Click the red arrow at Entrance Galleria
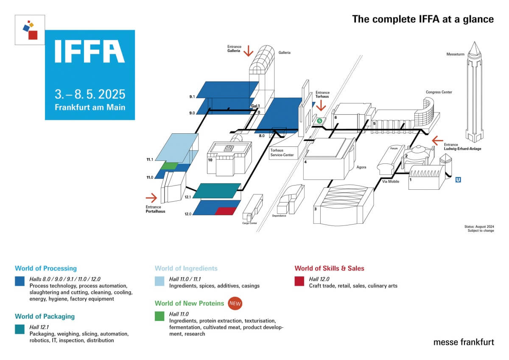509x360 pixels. click(248, 51)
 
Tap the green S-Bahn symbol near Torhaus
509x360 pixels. click(319, 121)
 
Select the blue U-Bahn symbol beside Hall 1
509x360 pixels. click(458, 180)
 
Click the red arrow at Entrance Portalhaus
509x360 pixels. click(151, 197)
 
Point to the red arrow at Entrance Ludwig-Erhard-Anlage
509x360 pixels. click(437, 140)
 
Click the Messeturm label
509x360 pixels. click(456, 54)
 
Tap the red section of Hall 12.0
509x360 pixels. click(225, 211)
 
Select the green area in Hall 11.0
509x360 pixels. click(170, 166)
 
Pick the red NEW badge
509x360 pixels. click(235, 303)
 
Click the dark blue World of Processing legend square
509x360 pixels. click(20, 281)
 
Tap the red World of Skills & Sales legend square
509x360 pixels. click(299, 281)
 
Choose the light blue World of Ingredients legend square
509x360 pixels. click(159, 281)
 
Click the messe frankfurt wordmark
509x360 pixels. click(464, 342)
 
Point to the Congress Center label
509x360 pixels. click(439, 92)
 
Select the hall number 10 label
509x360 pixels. click(210, 160)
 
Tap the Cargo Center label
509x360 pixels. click(249, 222)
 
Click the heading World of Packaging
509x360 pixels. click(45, 316)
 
